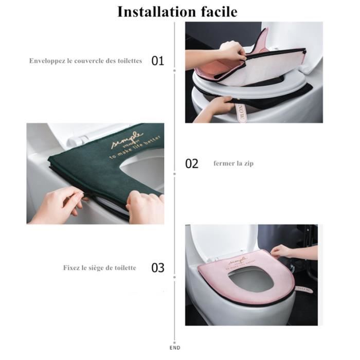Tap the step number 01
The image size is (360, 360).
coord(157,61)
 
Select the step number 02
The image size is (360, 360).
coord(191,164)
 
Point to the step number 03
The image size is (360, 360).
coord(157,267)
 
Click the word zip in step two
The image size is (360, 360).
coord(248,164)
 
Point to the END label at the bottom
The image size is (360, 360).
coord(177,348)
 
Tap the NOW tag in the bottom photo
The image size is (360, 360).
coord(304,290)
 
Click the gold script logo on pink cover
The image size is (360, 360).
coord(238,257)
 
